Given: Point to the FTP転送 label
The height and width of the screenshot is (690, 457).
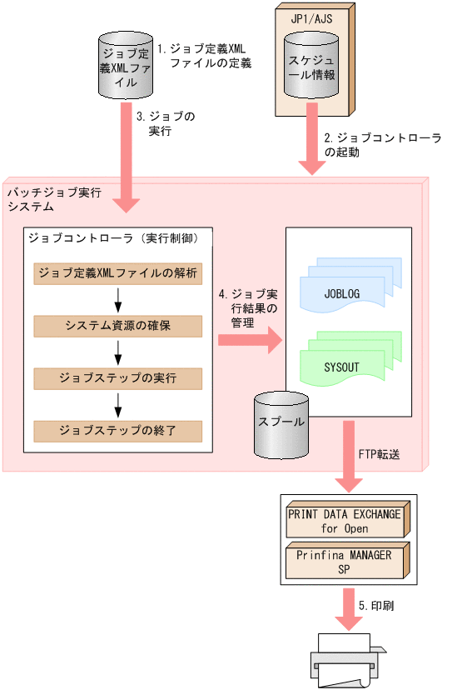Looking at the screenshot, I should (x=376, y=454).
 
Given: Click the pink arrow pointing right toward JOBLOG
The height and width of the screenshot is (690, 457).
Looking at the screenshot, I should (x=250, y=339).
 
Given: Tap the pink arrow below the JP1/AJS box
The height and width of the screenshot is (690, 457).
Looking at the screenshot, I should (x=311, y=146).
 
